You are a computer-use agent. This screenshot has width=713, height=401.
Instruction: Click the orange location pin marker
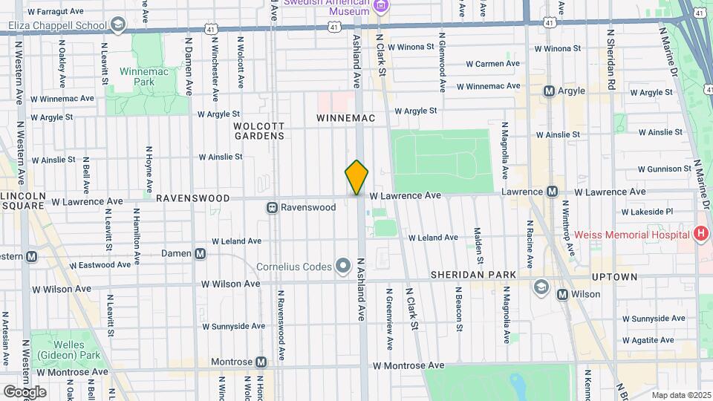coord(356,177)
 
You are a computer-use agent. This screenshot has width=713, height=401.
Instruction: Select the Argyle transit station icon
coord(550,91)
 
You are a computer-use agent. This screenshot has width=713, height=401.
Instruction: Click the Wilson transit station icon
coord(562,295)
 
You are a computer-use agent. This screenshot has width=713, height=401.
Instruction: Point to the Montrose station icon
coord(261,362)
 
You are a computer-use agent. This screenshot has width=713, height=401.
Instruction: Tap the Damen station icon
coord(200,254)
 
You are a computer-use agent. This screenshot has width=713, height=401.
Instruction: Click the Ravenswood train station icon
coord(273,208)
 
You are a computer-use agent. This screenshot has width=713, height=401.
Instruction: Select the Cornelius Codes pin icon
coord(343,265)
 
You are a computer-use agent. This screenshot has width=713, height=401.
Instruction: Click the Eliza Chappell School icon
coord(117,26)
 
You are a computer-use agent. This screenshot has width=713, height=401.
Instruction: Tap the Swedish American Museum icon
coord(381,7)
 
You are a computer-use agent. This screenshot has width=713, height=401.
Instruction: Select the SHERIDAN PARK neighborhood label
coord(473,276)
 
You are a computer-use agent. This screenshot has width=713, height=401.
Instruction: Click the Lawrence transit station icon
coord(553,192)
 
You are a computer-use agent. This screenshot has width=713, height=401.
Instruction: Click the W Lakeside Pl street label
coord(647,212)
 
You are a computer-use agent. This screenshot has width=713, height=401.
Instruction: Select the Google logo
coord(25,391)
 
